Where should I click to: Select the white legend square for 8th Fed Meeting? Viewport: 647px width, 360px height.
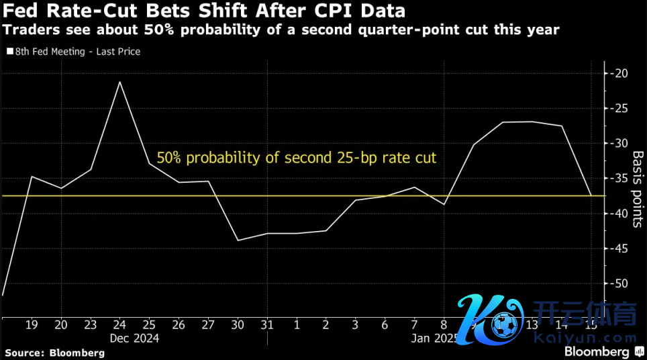click(x=9, y=51)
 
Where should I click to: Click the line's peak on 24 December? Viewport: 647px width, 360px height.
click(x=119, y=82)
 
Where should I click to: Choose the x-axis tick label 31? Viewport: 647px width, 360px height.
click(x=267, y=325)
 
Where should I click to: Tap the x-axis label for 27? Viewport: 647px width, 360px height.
click(x=208, y=325)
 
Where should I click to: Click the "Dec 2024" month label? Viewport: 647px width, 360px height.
click(x=134, y=339)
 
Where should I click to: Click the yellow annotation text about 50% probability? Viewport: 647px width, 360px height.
click(x=296, y=159)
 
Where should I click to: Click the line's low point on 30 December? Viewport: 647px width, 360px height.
click(x=238, y=240)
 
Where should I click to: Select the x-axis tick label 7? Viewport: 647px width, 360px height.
click(x=414, y=325)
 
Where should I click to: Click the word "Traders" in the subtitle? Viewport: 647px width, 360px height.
click(x=24, y=30)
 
